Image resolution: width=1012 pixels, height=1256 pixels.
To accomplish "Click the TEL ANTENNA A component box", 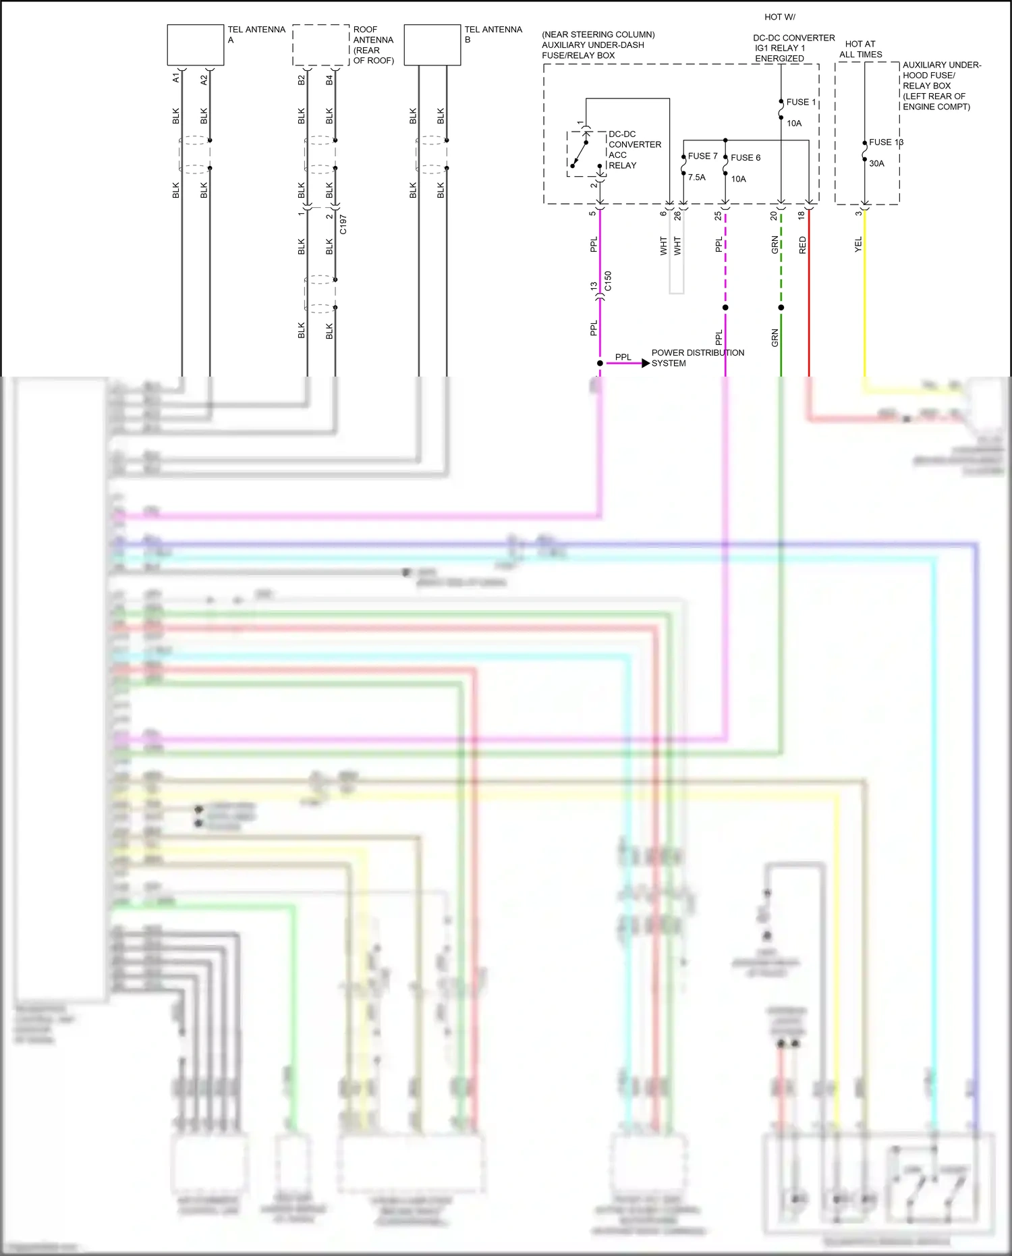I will tap(195, 45).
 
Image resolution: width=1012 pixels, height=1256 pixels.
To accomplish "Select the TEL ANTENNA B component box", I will tap(432, 45).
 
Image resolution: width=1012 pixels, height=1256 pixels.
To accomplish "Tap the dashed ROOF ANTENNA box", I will tap(320, 45).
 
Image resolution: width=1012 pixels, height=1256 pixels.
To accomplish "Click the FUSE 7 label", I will tap(702, 156).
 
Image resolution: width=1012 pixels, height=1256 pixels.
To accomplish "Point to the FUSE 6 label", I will tap(745, 158).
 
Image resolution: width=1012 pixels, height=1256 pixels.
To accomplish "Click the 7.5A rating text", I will tap(696, 178).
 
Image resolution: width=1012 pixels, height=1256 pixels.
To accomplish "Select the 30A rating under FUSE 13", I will tap(876, 163).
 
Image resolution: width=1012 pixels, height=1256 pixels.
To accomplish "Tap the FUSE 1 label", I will tap(801, 102).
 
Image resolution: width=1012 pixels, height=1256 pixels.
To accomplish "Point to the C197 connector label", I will tap(343, 224).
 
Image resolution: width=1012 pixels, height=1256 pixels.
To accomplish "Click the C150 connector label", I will tap(608, 281).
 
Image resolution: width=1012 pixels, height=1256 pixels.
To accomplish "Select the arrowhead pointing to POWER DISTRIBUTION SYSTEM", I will tap(646, 363).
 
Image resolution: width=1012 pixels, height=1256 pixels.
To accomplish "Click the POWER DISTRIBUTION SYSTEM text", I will tap(697, 358).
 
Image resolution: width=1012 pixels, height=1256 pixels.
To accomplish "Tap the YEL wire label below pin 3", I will tap(858, 244).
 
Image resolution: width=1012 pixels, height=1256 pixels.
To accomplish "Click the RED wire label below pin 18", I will tap(802, 245).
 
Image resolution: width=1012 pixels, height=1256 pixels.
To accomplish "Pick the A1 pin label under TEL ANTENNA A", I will tap(176, 79).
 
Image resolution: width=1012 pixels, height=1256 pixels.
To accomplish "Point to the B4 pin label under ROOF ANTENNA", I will tap(329, 80).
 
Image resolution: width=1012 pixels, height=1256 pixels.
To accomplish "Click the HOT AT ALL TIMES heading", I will tap(860, 49).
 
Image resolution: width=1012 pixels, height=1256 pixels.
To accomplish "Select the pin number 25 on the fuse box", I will tap(718, 216).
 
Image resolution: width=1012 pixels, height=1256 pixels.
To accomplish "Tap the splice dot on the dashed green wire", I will tap(781, 307).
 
